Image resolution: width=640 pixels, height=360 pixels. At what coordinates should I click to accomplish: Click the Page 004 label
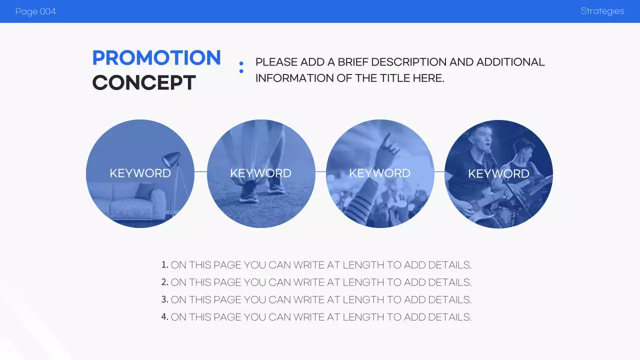coord(35,11)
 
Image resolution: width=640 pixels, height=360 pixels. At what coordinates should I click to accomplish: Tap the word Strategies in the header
coord(602,11)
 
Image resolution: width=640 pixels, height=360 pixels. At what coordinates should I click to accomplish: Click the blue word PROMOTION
coord(156,58)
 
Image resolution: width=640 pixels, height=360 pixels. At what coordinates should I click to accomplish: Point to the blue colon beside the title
coord(241,67)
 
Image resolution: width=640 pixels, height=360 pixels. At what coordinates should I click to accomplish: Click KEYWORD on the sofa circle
coord(140,173)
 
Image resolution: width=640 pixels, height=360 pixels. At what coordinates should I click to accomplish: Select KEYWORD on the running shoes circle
coord(260,173)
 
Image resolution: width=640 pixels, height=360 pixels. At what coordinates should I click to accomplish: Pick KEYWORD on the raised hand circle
coord(379,173)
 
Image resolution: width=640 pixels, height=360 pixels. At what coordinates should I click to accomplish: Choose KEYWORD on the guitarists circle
coord(498,174)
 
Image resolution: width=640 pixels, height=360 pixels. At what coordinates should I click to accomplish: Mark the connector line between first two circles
coord(200,172)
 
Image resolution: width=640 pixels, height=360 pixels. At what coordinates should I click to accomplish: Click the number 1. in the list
coord(164,265)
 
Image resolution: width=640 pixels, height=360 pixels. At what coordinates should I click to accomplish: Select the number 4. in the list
coord(164,317)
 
